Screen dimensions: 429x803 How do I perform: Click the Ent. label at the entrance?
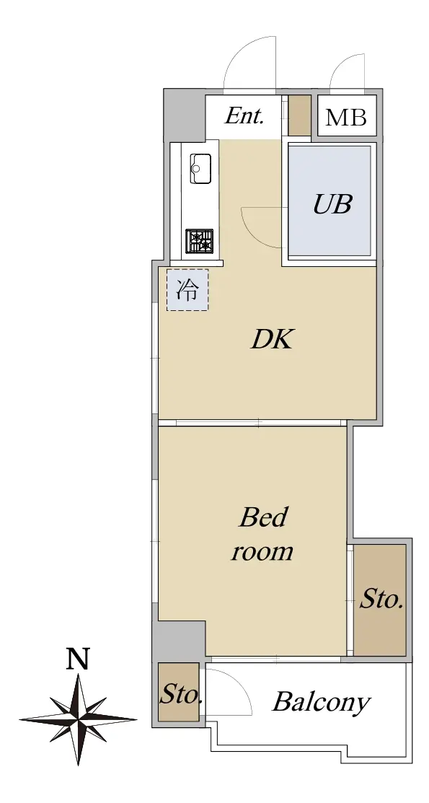244,116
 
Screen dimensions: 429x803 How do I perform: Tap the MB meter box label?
347,118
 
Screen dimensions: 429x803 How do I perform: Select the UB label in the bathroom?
332,204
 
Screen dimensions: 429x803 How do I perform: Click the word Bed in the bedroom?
263,517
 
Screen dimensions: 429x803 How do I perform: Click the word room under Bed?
262,551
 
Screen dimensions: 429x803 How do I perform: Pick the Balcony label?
320,702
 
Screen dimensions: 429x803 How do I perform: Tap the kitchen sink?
200,169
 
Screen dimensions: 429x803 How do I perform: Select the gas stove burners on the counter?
200,241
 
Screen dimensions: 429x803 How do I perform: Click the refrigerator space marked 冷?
187,290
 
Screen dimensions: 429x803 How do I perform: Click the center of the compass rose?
79,719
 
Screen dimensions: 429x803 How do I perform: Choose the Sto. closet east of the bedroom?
380,600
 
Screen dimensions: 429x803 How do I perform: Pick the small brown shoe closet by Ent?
299,115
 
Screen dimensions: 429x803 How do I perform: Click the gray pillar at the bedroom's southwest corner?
180,640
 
